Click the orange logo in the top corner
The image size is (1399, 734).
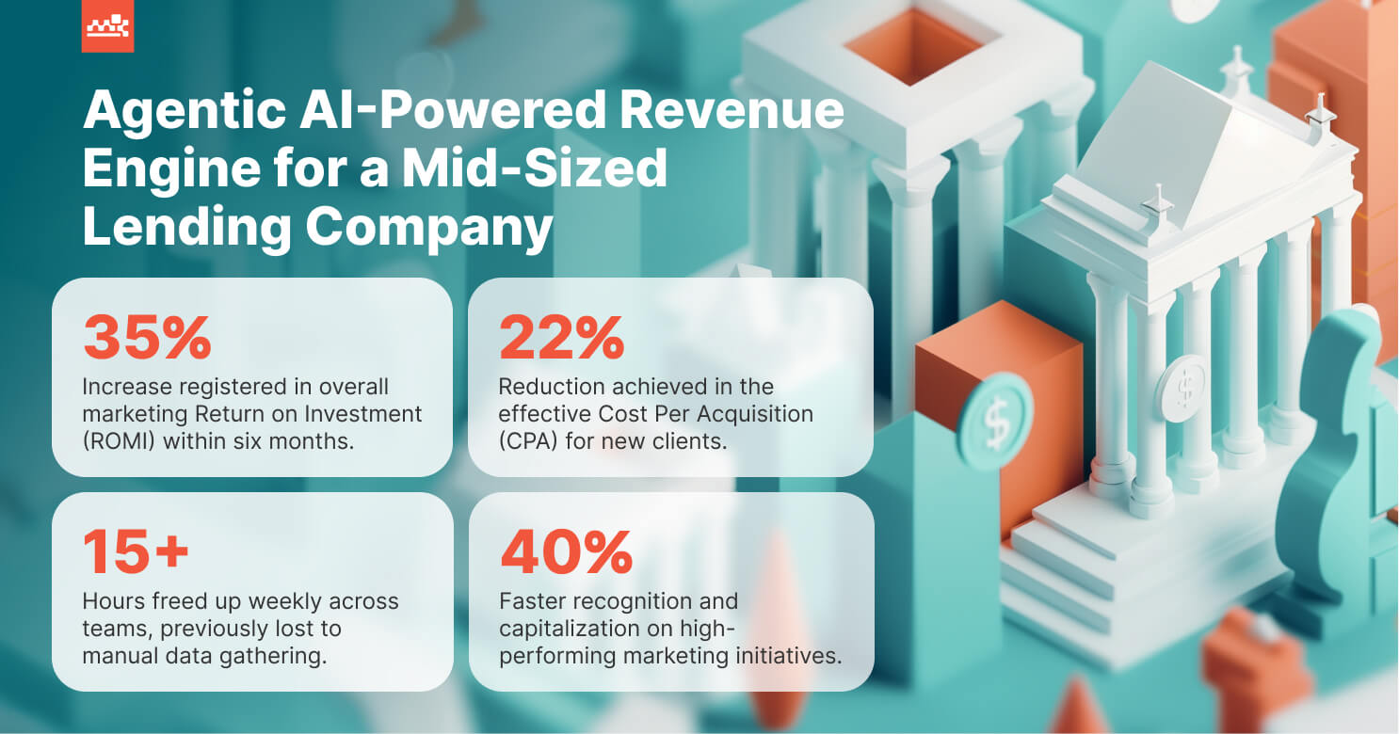[107, 25]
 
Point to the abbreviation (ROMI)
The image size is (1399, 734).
[119, 439]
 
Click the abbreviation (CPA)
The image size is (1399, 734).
[532, 439]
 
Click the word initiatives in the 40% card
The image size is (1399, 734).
[790, 655]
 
